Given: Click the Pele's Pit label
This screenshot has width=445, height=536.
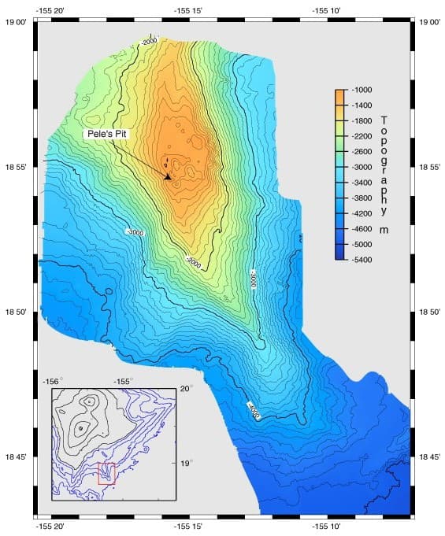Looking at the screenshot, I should click(106, 135).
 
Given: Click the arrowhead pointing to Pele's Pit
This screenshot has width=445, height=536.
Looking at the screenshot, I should click(168, 177).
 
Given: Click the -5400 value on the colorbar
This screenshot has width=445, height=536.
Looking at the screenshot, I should click(362, 259).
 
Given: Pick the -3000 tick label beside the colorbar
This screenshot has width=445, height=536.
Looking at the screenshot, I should click(362, 167).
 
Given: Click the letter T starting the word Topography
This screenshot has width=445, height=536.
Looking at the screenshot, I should click(384, 120).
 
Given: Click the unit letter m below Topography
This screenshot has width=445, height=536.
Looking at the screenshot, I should click(384, 231).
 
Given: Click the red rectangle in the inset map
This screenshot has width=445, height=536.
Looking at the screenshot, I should click(106, 475).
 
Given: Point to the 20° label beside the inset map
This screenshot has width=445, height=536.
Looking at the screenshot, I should click(186, 389).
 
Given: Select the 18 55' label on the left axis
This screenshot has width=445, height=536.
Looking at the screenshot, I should click(16, 168).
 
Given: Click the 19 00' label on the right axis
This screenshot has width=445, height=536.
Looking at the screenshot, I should click(432, 23).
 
